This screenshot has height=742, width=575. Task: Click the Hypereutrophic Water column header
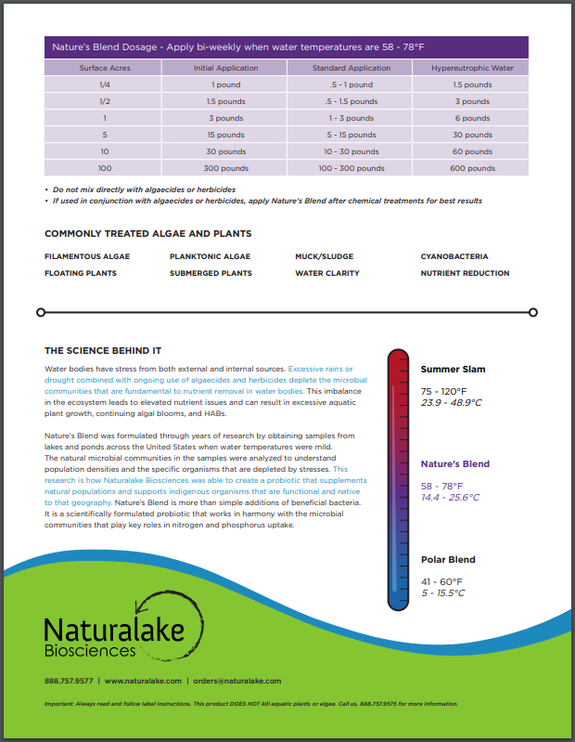point(472,68)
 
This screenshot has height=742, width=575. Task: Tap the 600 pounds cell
point(472,168)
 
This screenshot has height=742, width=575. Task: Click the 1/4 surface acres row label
point(105,85)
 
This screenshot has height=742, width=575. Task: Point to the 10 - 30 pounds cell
point(351,151)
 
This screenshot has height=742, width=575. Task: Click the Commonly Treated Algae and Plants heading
point(147,234)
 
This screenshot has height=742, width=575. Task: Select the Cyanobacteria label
point(454,256)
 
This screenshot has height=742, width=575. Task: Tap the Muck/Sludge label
point(324,256)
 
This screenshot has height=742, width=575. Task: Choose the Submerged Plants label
point(211,273)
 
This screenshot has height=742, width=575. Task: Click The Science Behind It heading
point(103,351)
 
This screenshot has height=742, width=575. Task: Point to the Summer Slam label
point(453,370)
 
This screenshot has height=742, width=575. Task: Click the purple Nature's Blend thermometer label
point(454,463)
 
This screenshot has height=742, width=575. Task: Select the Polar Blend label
point(448,560)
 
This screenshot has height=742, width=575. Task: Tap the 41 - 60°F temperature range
point(441,581)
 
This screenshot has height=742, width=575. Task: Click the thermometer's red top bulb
point(397,362)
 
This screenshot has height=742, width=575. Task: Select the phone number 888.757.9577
point(69,681)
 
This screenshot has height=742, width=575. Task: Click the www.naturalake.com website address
point(142,681)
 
